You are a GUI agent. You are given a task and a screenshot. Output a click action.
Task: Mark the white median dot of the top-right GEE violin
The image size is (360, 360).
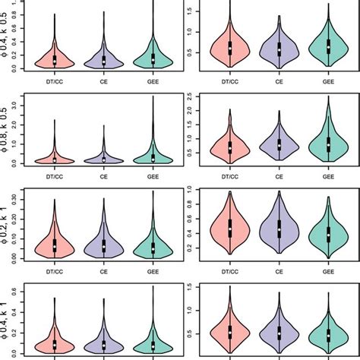click(x=328, y=48)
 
